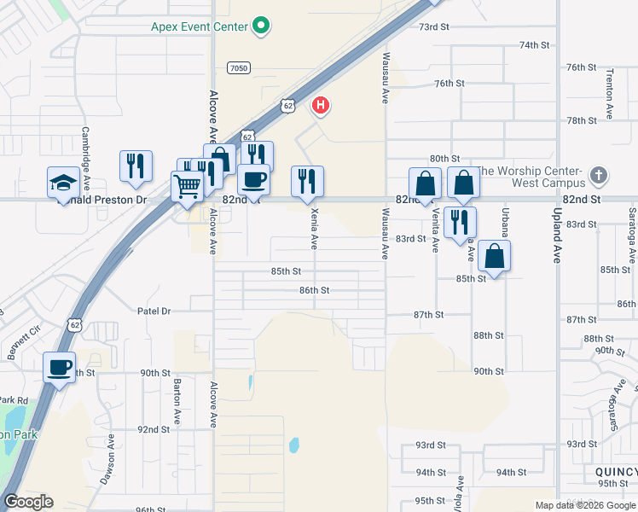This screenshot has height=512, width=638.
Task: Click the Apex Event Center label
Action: click(200, 26)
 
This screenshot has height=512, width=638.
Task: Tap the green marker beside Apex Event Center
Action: click(262, 27)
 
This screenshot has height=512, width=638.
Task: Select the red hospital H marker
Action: click(321, 106)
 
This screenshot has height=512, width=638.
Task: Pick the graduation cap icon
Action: click(61, 181)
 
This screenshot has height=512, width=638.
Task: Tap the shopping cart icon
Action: click(186, 184)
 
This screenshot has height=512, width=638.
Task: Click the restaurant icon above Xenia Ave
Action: click(307, 180)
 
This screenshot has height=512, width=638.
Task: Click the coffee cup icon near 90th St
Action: click(59, 367)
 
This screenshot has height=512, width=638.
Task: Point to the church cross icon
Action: click(599, 177)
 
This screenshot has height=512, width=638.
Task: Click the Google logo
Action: click(28, 502)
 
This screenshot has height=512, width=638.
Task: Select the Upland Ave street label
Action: click(556, 235)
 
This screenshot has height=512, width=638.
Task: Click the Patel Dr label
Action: click(154, 311)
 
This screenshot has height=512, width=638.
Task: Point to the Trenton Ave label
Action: click(610, 96)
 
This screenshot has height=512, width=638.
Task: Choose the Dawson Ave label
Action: click(108, 463)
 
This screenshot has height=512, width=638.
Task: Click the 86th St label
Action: click(314, 290)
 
